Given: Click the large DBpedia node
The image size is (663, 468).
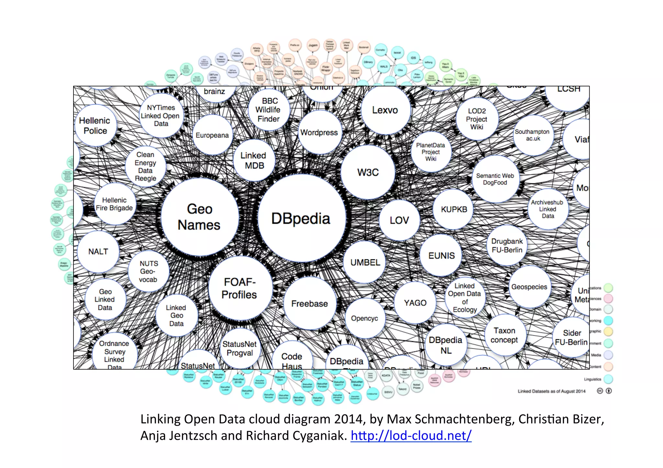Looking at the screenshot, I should pyautogui.click(x=301, y=219).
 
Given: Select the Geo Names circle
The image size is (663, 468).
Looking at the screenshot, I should pyautogui.click(x=199, y=217).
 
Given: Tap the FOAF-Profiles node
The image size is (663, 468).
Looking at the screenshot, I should pyautogui.click(x=240, y=288).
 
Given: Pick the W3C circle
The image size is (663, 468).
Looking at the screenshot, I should pyautogui.click(x=368, y=172).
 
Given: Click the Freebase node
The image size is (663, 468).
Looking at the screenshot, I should pyautogui.click(x=309, y=303).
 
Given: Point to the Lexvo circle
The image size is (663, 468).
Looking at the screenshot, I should pyautogui.click(x=385, y=110).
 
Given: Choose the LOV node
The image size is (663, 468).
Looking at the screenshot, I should pyautogui.click(x=399, y=220).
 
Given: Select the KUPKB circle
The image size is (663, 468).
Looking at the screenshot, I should pyautogui.click(x=454, y=209).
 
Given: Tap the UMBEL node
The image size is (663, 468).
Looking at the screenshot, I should pyautogui.click(x=365, y=262).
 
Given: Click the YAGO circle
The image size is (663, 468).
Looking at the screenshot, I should pyautogui.click(x=415, y=303).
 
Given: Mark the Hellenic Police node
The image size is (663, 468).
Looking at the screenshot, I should pyautogui.click(x=95, y=125).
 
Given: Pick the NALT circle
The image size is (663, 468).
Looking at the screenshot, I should pyautogui.click(x=98, y=251).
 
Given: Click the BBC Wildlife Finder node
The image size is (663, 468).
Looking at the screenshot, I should pyautogui.click(x=269, y=110).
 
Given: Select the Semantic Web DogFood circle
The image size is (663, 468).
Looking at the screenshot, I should pyautogui.click(x=495, y=179).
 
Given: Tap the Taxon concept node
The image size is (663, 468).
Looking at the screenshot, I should pyautogui.click(x=504, y=335).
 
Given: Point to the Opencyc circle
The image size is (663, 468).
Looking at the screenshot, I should pyautogui.click(x=365, y=318).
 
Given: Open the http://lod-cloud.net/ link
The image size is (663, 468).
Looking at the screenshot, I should pyautogui.click(x=411, y=436).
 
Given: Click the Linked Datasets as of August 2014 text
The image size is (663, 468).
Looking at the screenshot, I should pyautogui.click(x=551, y=391).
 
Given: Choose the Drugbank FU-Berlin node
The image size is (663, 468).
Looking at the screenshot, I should pyautogui.click(x=507, y=245).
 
